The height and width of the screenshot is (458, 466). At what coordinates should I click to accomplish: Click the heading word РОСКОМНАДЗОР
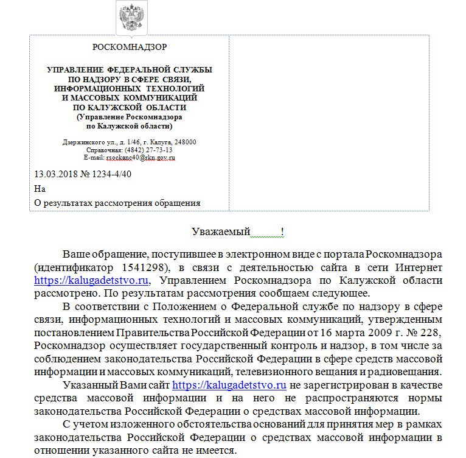click(129, 47)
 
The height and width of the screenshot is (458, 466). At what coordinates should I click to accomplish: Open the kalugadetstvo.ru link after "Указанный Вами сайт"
click(229, 385)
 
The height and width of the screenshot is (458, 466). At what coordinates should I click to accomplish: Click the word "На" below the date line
click(40, 189)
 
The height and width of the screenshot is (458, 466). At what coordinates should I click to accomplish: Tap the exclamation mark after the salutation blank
click(282, 231)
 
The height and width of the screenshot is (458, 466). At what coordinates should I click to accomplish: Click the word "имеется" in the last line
click(216, 451)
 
